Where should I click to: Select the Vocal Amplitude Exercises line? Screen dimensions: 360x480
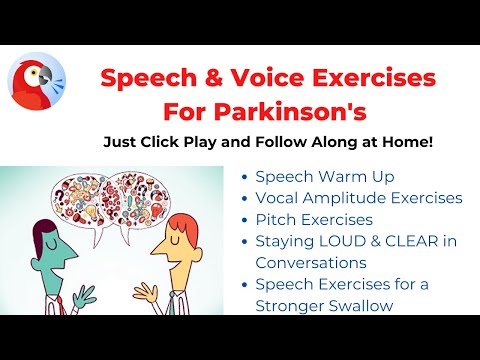358,198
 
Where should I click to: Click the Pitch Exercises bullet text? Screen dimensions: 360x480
313,219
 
